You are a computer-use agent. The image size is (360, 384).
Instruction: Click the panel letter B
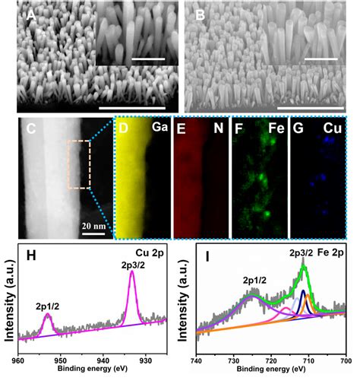click(x=200, y=16)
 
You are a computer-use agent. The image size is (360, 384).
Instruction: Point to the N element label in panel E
click(x=217, y=129)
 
